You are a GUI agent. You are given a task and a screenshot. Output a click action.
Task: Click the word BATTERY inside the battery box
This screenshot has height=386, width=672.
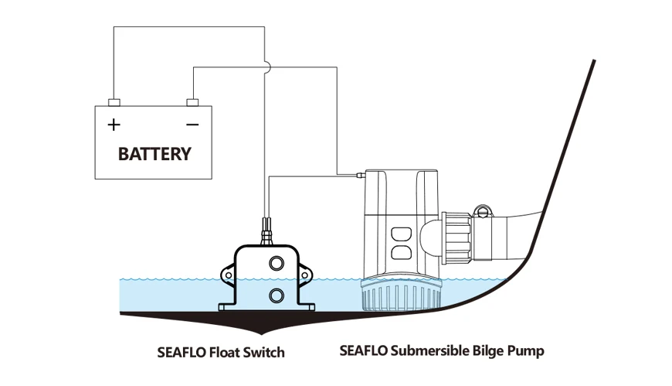click(154, 153)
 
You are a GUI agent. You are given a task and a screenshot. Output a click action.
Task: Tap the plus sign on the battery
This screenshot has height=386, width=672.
click(114, 124)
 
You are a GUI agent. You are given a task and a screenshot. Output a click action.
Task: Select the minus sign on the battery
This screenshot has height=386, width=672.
click(192, 124)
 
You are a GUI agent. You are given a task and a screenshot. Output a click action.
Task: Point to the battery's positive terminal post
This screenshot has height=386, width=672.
click(114, 102)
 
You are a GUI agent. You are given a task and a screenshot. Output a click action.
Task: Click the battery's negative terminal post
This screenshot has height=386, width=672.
click(192, 102)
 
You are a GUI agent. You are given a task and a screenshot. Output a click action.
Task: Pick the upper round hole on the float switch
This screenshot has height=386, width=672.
click(276, 265)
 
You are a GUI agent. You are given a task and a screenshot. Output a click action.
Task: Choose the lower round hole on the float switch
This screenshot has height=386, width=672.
click(276, 295)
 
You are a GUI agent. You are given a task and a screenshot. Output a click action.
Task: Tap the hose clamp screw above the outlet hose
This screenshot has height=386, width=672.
click(484, 210)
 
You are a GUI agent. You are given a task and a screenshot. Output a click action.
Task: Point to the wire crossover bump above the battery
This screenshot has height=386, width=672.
click(265, 67)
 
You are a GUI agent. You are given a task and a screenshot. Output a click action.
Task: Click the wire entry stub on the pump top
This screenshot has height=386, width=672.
click(360, 177)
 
